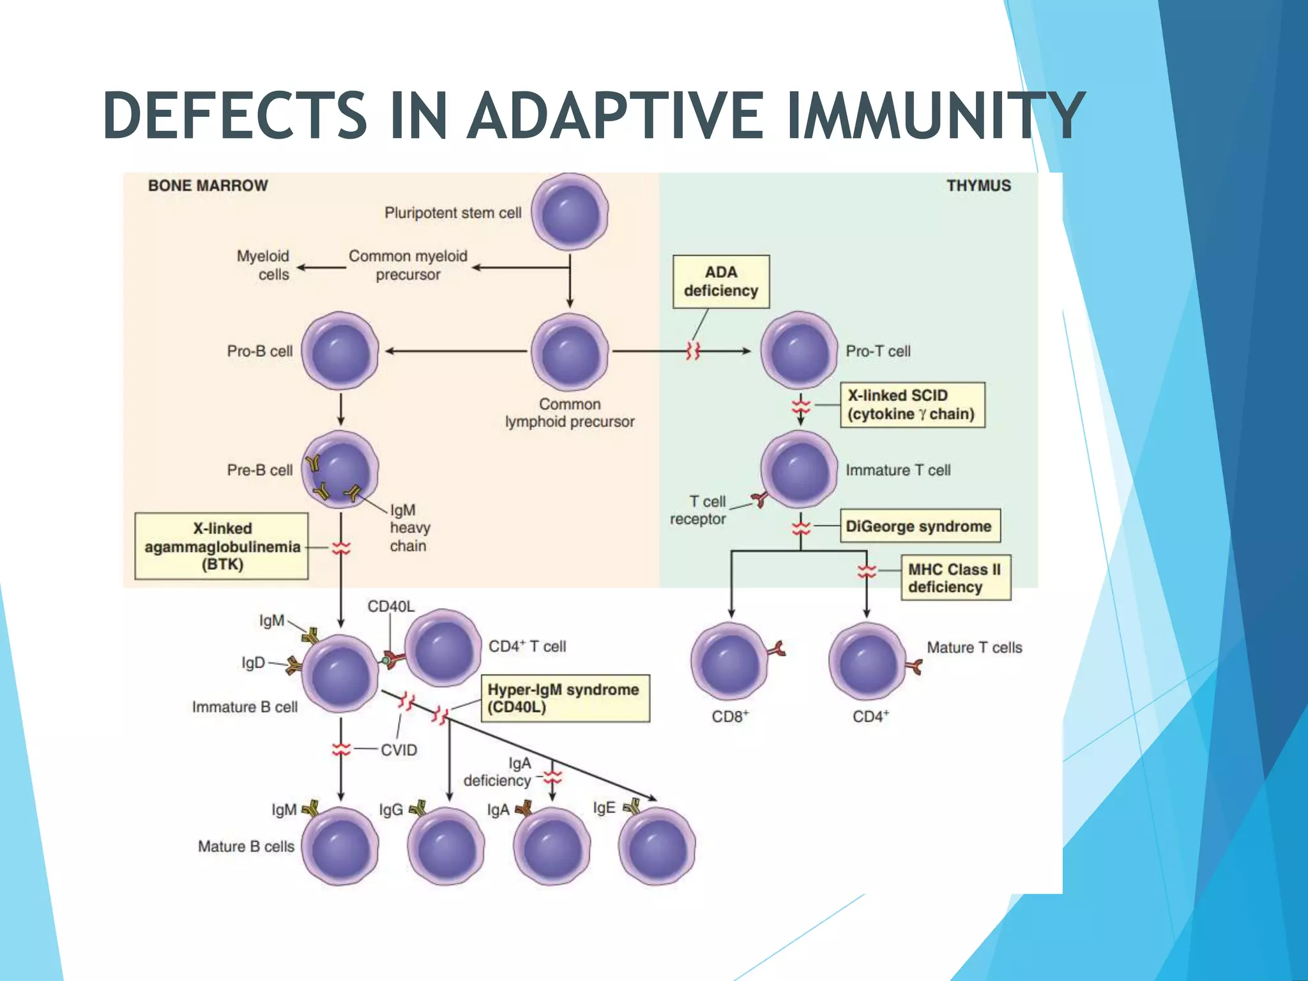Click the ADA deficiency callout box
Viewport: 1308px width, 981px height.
click(x=720, y=282)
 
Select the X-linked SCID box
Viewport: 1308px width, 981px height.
click(x=912, y=405)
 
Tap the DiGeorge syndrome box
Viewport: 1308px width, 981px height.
click(x=919, y=526)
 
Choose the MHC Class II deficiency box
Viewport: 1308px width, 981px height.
click(x=955, y=578)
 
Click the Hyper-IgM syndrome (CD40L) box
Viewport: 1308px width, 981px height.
click(x=565, y=698)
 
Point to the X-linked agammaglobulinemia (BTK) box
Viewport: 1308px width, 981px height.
click(x=222, y=546)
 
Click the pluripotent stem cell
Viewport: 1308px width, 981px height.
click(x=570, y=212)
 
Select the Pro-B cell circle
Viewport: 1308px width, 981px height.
click(x=340, y=351)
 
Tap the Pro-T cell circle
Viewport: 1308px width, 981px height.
click(x=798, y=351)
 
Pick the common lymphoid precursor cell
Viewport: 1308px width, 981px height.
click(x=570, y=352)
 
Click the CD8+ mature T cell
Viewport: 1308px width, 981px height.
click(x=729, y=661)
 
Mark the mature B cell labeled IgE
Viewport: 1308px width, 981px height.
click(x=657, y=846)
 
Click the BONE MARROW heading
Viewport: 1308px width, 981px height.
click(x=208, y=186)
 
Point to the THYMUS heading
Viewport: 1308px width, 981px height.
click(x=978, y=186)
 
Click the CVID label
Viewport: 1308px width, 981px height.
click(x=399, y=750)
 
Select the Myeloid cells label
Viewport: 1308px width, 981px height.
click(x=263, y=265)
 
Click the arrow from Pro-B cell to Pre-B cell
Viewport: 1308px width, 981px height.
click(x=340, y=409)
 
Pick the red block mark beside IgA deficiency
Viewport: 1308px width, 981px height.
click(x=552, y=777)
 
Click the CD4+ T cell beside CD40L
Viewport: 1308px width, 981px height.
click(x=443, y=647)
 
